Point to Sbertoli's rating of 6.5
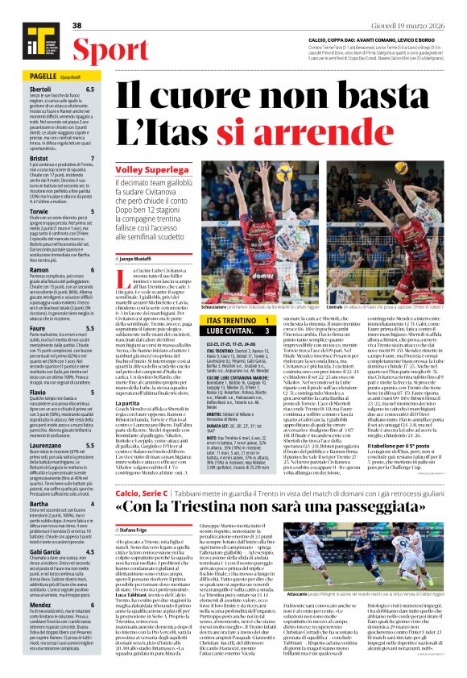pyautogui.click(x=89, y=89)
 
